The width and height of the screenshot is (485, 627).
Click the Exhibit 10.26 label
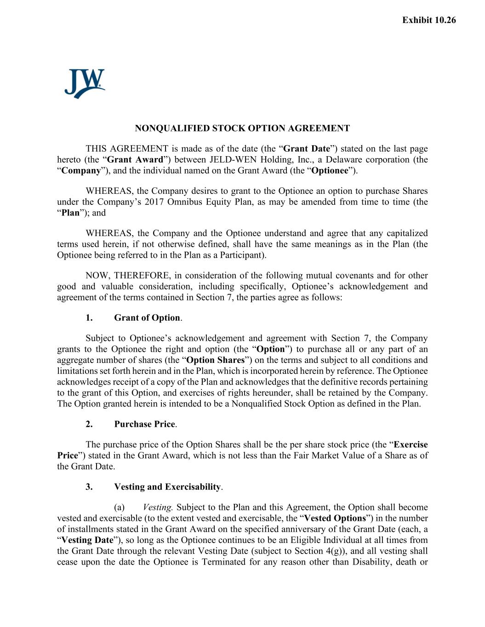pyautogui.click(x=429, y=20)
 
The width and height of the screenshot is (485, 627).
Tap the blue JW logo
pyautogui.click(x=85, y=84)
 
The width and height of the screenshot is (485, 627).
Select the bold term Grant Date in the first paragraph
pyautogui.click(x=307, y=149)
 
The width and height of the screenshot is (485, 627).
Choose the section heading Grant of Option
pyautogui.click(x=147, y=318)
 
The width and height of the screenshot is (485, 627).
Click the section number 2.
pyautogui.click(x=89, y=424)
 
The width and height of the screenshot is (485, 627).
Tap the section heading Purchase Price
pyautogui.click(x=145, y=424)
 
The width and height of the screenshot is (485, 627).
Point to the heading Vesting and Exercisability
pyautogui.click(x=168, y=487)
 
